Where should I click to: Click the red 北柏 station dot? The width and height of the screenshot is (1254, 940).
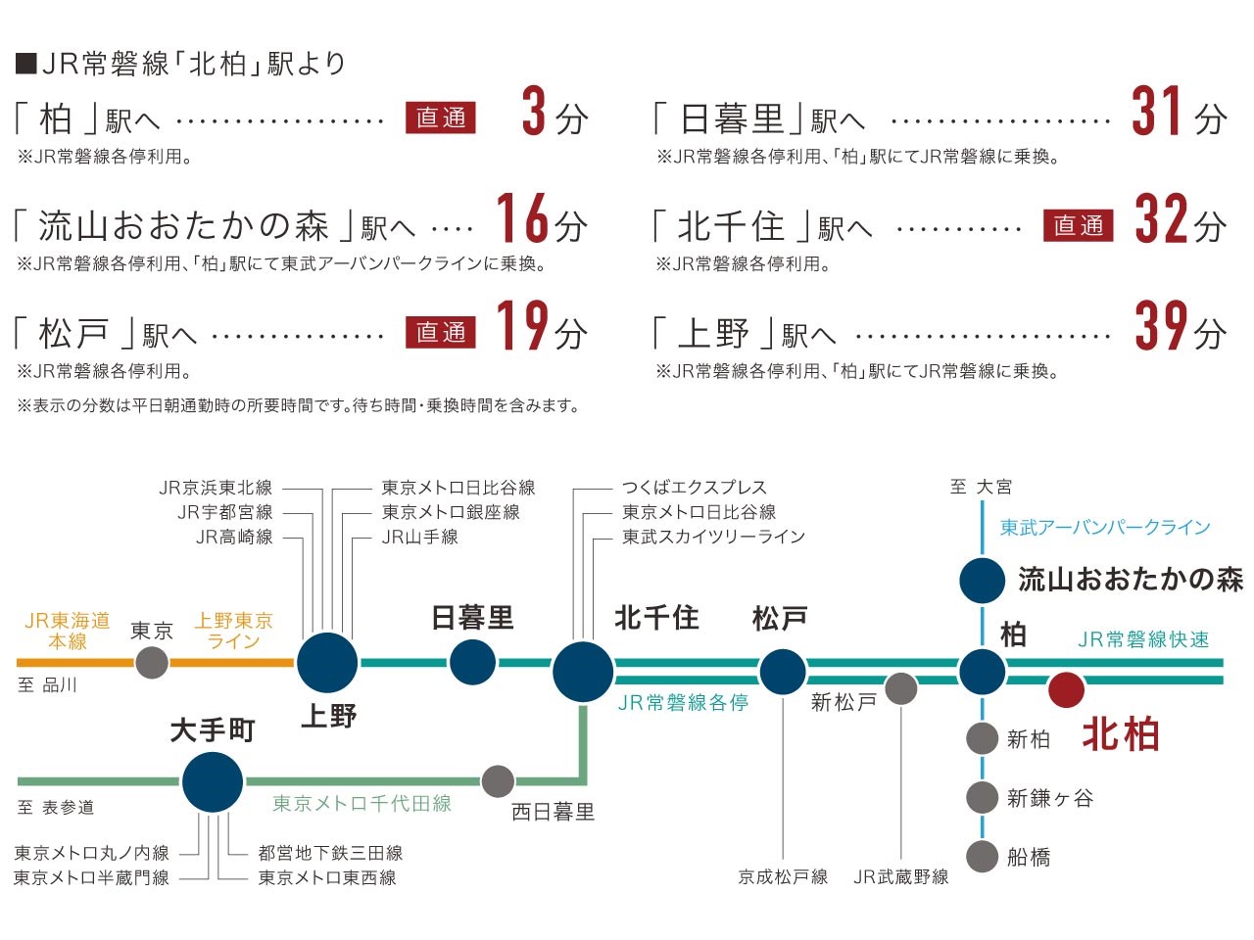pos(1066,690)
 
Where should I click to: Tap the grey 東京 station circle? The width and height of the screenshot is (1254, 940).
pos(152,663)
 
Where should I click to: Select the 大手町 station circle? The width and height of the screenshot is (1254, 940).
pos(213,782)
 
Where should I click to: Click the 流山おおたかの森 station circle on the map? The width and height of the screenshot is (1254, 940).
pos(982,581)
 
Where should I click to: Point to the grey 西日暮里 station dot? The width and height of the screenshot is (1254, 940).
pos(498,781)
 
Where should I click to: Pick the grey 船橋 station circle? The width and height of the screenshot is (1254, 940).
pos(982,856)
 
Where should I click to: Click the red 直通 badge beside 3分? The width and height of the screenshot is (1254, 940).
pos(441,118)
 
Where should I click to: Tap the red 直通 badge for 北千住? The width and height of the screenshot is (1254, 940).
pos(1078,225)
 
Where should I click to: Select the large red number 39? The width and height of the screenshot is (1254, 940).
pos(1162,325)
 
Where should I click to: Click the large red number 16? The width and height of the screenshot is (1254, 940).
pos(523,218)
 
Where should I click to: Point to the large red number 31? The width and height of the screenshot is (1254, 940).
pos(1156,111)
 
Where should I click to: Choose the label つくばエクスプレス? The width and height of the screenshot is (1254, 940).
pos(695,488)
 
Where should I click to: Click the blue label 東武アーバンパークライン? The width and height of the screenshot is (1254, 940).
pos(1105,527)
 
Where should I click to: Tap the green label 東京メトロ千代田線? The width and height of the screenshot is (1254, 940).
pos(362,804)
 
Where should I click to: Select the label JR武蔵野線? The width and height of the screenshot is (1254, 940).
pos(901,877)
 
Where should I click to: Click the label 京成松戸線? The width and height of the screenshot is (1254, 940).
pos(783,877)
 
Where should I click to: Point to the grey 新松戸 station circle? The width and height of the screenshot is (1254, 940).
pos(901,689)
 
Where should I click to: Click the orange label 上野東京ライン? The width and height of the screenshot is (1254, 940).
pos(234,632)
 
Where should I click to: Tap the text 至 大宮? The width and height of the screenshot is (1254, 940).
pos(981,488)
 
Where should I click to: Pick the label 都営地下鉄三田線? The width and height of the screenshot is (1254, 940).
pos(330,853)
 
